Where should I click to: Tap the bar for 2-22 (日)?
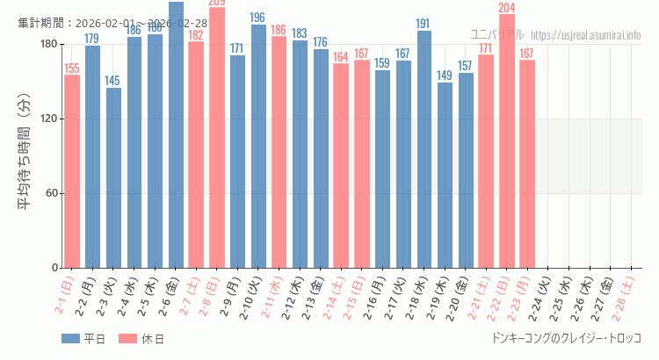507,140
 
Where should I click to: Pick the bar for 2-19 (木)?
445,175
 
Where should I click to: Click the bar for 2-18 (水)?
424,149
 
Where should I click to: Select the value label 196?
258,18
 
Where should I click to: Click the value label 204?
507,8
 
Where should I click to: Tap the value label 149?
445,76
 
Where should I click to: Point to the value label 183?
300,33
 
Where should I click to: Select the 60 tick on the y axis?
51,193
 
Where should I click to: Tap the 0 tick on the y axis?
54,268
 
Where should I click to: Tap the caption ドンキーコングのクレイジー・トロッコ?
567,338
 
